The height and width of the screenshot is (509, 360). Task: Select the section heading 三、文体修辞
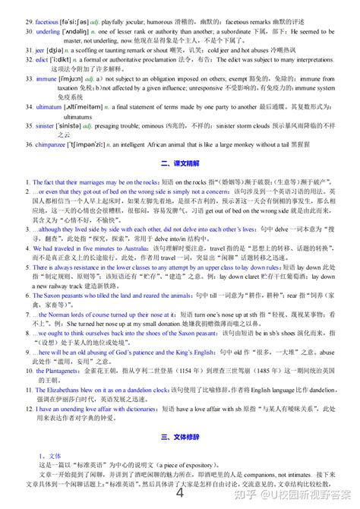tap(180, 437)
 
